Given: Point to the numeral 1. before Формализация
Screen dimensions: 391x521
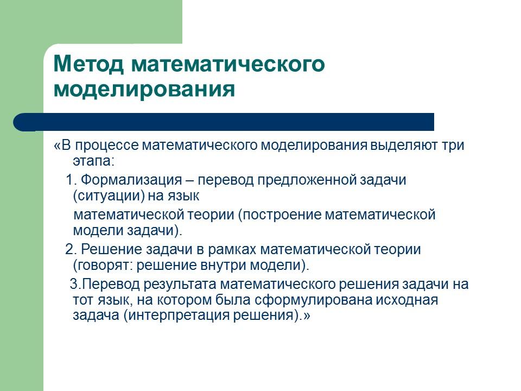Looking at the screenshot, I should (72, 180).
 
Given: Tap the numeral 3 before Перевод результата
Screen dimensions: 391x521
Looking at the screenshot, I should (75, 284).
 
